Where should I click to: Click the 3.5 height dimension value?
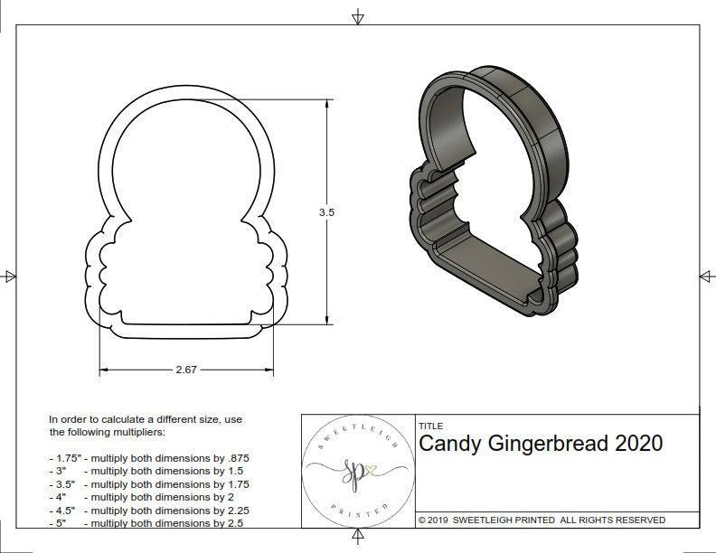326,211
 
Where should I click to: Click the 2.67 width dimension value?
187,370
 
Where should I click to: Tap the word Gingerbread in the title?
552,444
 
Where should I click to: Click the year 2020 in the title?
638,444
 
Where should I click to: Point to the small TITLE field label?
430,426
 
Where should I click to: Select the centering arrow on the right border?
703,276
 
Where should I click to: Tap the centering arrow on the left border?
9,276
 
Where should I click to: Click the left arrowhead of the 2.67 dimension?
102,370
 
